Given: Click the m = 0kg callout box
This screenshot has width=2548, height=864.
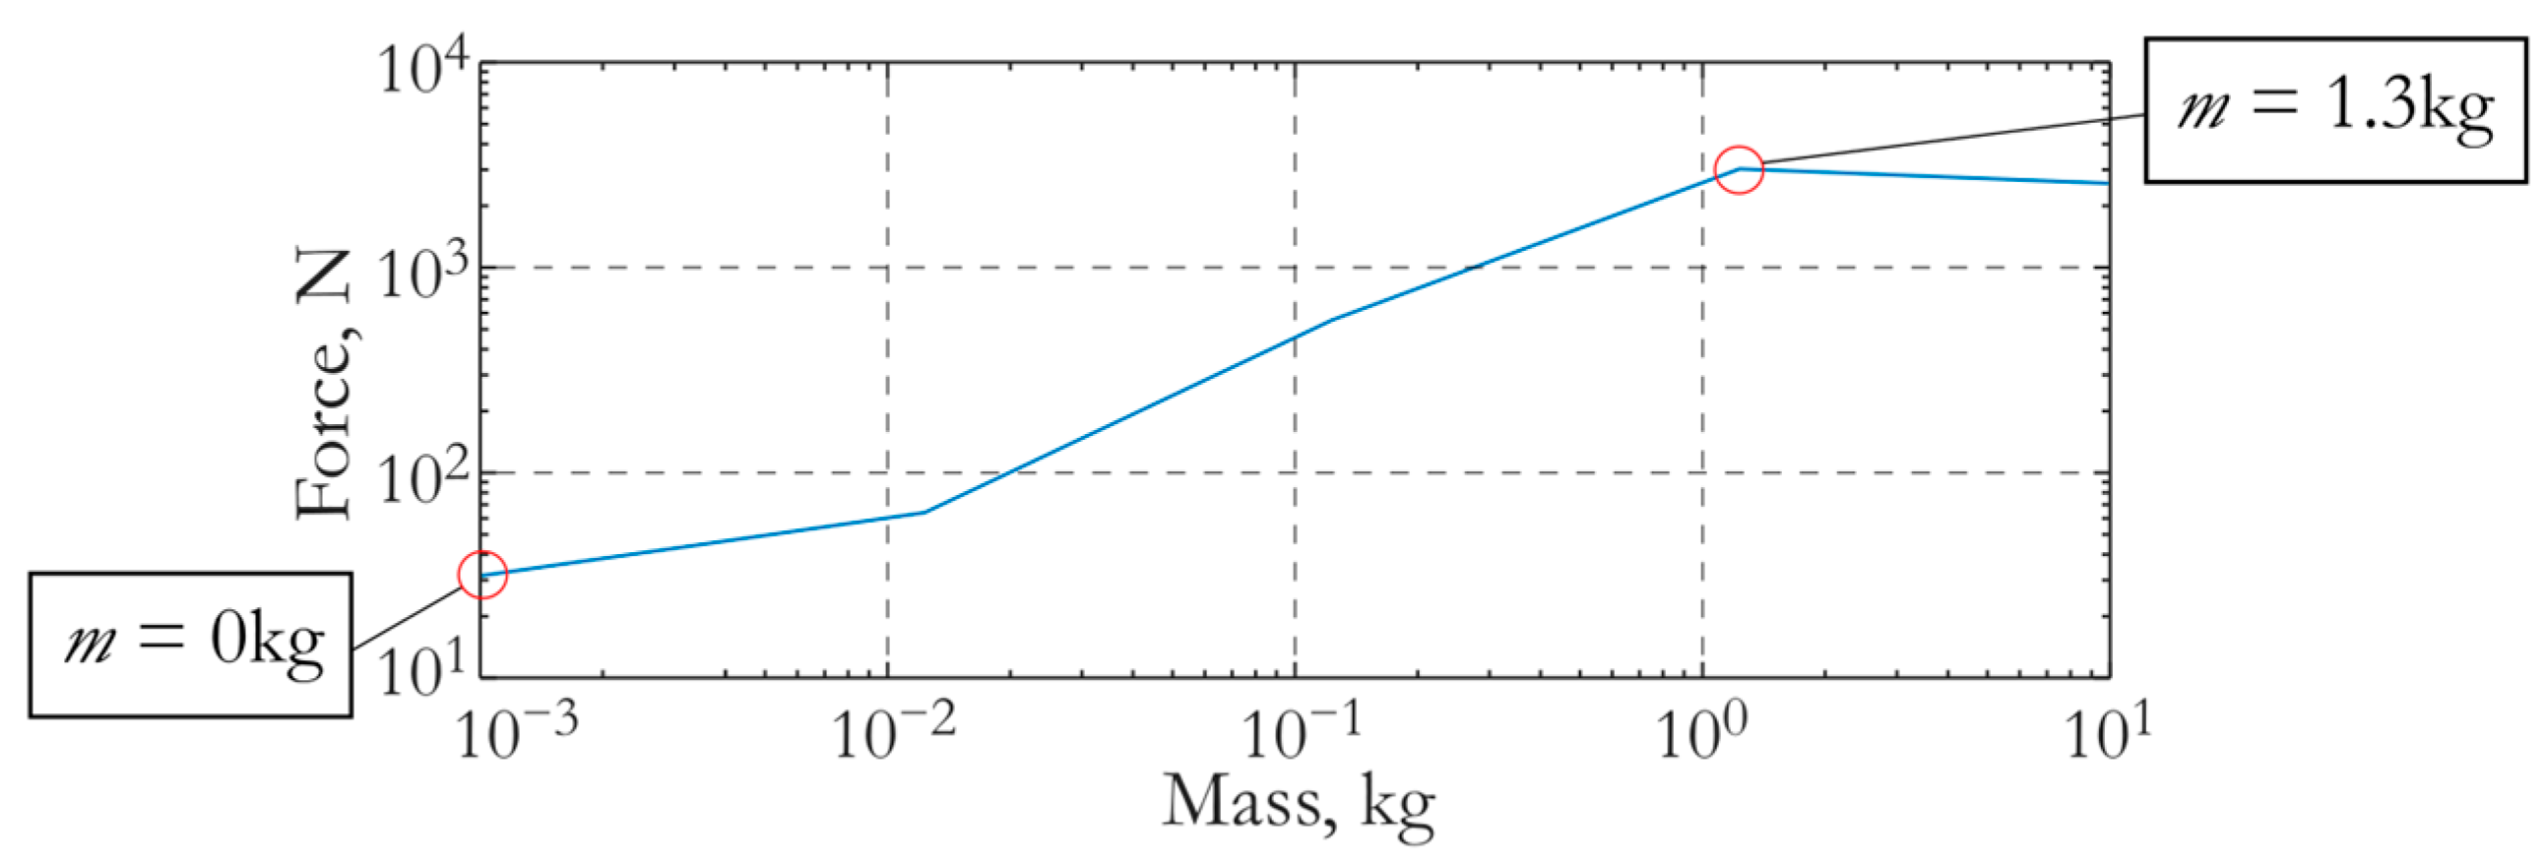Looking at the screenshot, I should [190, 645].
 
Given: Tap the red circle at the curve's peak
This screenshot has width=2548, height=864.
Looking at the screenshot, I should [1738, 170].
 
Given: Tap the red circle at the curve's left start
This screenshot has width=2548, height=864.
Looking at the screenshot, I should [482, 575].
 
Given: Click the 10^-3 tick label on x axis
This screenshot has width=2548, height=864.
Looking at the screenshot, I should [515, 733].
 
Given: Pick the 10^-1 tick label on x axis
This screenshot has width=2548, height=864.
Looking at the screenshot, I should [1300, 733].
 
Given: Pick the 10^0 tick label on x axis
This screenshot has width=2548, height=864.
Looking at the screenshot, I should [1703, 733].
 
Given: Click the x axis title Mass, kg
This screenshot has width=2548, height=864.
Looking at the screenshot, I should [1298, 803].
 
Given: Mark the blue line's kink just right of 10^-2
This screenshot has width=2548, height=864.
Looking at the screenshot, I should [924, 512].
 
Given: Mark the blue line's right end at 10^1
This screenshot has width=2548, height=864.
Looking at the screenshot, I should [2107, 183].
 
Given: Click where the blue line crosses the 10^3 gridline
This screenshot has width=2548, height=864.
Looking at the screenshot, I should [1474, 267].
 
